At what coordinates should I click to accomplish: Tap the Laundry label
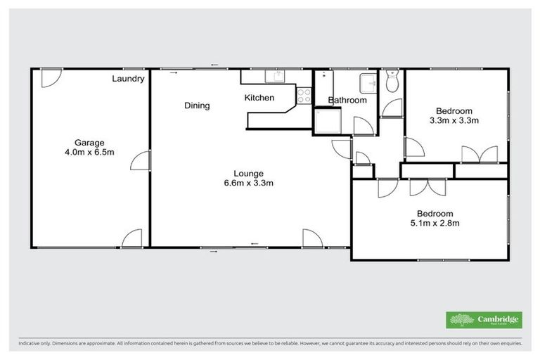pos(129,79)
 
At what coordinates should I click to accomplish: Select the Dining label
pos(197,105)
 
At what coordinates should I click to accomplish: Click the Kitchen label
pos(259,98)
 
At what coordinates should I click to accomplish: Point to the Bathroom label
pos(347,101)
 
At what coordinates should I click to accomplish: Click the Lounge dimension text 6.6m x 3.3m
pos(249,184)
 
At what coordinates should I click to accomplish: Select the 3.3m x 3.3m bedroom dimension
pos(454,120)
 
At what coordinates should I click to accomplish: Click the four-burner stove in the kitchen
pos(304,96)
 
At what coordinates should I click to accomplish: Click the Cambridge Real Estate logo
pos(484,319)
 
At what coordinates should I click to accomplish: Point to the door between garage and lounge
pos(143,160)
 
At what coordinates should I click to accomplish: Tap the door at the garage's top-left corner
pos(49,78)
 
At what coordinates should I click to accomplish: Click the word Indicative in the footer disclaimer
pos(30,344)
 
